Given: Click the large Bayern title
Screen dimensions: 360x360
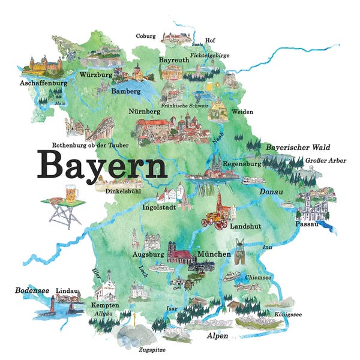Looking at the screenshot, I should (x=103, y=164).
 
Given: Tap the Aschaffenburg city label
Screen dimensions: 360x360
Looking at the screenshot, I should (x=44, y=83).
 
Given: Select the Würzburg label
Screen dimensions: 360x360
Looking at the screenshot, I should (x=95, y=76).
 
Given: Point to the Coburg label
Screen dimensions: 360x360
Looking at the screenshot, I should (x=146, y=36).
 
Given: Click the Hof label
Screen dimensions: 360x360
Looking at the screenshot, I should (x=209, y=41).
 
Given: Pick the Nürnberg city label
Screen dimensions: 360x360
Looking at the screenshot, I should (x=144, y=112).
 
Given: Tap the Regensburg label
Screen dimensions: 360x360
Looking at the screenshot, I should (x=242, y=164).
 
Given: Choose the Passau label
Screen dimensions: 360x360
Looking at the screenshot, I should (x=307, y=224).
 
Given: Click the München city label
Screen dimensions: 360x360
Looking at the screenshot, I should (x=214, y=254).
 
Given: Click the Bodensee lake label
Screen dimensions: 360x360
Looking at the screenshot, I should (x=31, y=290).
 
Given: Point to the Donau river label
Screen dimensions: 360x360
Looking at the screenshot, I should (x=271, y=191).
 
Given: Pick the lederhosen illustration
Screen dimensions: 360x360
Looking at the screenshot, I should (x=242, y=247).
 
